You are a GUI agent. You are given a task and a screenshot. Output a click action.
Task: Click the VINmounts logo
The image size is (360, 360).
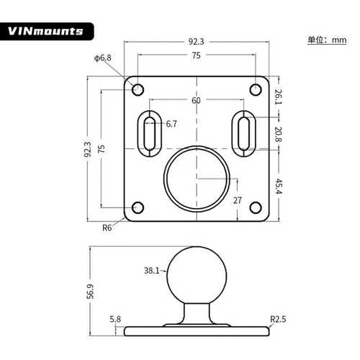(47, 32)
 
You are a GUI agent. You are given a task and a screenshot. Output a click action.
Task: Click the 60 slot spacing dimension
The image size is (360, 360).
(196, 101)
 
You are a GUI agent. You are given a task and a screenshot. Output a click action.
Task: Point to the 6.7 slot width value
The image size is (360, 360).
(171, 124)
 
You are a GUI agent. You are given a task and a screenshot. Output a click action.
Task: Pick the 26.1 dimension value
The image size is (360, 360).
(277, 95)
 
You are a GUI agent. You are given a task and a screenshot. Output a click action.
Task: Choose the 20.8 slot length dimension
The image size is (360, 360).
(277, 133)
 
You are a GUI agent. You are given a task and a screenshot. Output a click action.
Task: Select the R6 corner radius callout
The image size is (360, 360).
(107, 228)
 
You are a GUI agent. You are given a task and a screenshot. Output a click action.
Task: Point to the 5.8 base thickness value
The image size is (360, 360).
(115, 318)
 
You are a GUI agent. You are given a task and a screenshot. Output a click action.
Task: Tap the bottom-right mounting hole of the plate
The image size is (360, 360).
(255, 208)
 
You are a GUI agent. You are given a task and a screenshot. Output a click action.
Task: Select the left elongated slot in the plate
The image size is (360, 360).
(150, 132)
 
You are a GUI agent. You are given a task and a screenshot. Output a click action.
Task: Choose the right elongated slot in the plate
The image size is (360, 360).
(243, 132)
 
